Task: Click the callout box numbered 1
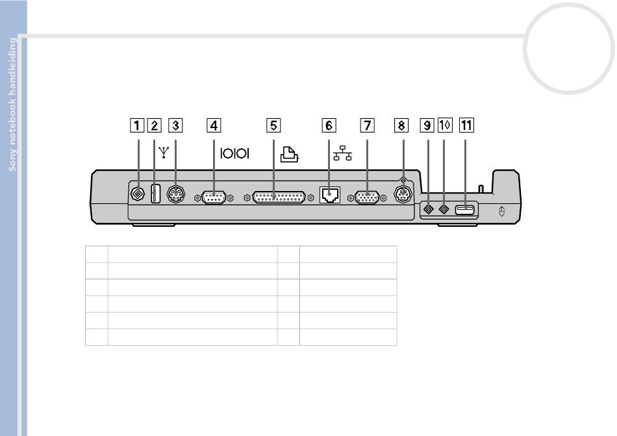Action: [x=137, y=125]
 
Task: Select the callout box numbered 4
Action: [x=214, y=125]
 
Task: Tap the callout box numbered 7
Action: [x=367, y=125]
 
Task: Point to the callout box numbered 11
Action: [x=466, y=125]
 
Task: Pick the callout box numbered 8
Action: [x=401, y=125]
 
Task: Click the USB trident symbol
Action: [x=164, y=152]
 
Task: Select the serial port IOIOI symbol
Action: [x=234, y=153]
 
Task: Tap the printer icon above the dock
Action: [x=290, y=154]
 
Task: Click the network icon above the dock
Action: [x=342, y=153]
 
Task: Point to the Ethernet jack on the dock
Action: [x=330, y=195]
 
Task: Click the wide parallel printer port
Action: [x=279, y=198]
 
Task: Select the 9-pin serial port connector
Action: [x=214, y=198]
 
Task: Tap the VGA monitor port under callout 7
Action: [x=367, y=198]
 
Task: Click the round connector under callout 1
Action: [x=137, y=194]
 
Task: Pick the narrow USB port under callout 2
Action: [x=155, y=194]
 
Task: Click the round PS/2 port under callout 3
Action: [x=176, y=194]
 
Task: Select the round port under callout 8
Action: [x=403, y=194]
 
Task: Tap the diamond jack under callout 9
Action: [x=428, y=209]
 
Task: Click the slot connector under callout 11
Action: [x=465, y=209]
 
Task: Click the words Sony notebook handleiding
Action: [x=12, y=104]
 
